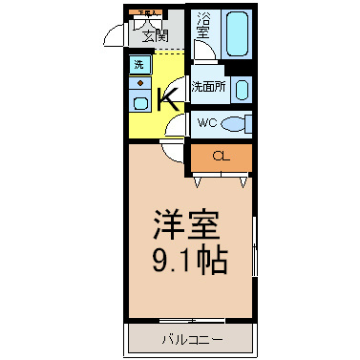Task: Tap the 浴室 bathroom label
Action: pos(202,26)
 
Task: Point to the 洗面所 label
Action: pos(207,86)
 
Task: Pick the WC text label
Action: pos(207,122)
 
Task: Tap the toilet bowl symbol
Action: pos(238,122)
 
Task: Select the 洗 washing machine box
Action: pos(138,65)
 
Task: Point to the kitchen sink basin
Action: pos(139,102)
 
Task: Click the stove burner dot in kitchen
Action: pos(138,83)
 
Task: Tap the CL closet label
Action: pos(221,156)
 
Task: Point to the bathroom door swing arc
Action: pos(203,54)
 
